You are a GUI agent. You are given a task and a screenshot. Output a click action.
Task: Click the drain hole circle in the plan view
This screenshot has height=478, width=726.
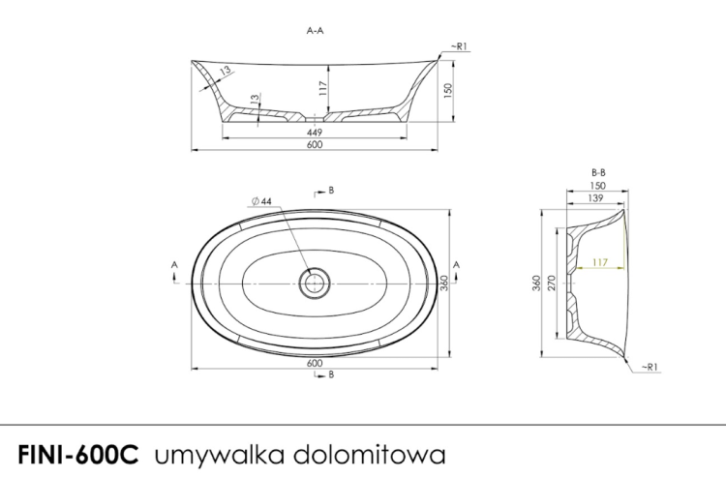click(x=315, y=283)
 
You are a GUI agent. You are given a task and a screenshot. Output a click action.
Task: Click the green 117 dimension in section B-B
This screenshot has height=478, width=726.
click(x=602, y=261)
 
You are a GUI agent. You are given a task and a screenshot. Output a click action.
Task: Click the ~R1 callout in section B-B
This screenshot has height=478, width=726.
click(x=650, y=367)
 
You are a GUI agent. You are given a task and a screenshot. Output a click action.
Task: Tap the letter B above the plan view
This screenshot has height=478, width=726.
click(x=331, y=191)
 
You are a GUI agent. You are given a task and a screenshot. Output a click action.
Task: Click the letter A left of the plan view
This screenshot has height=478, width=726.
click(x=174, y=263)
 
